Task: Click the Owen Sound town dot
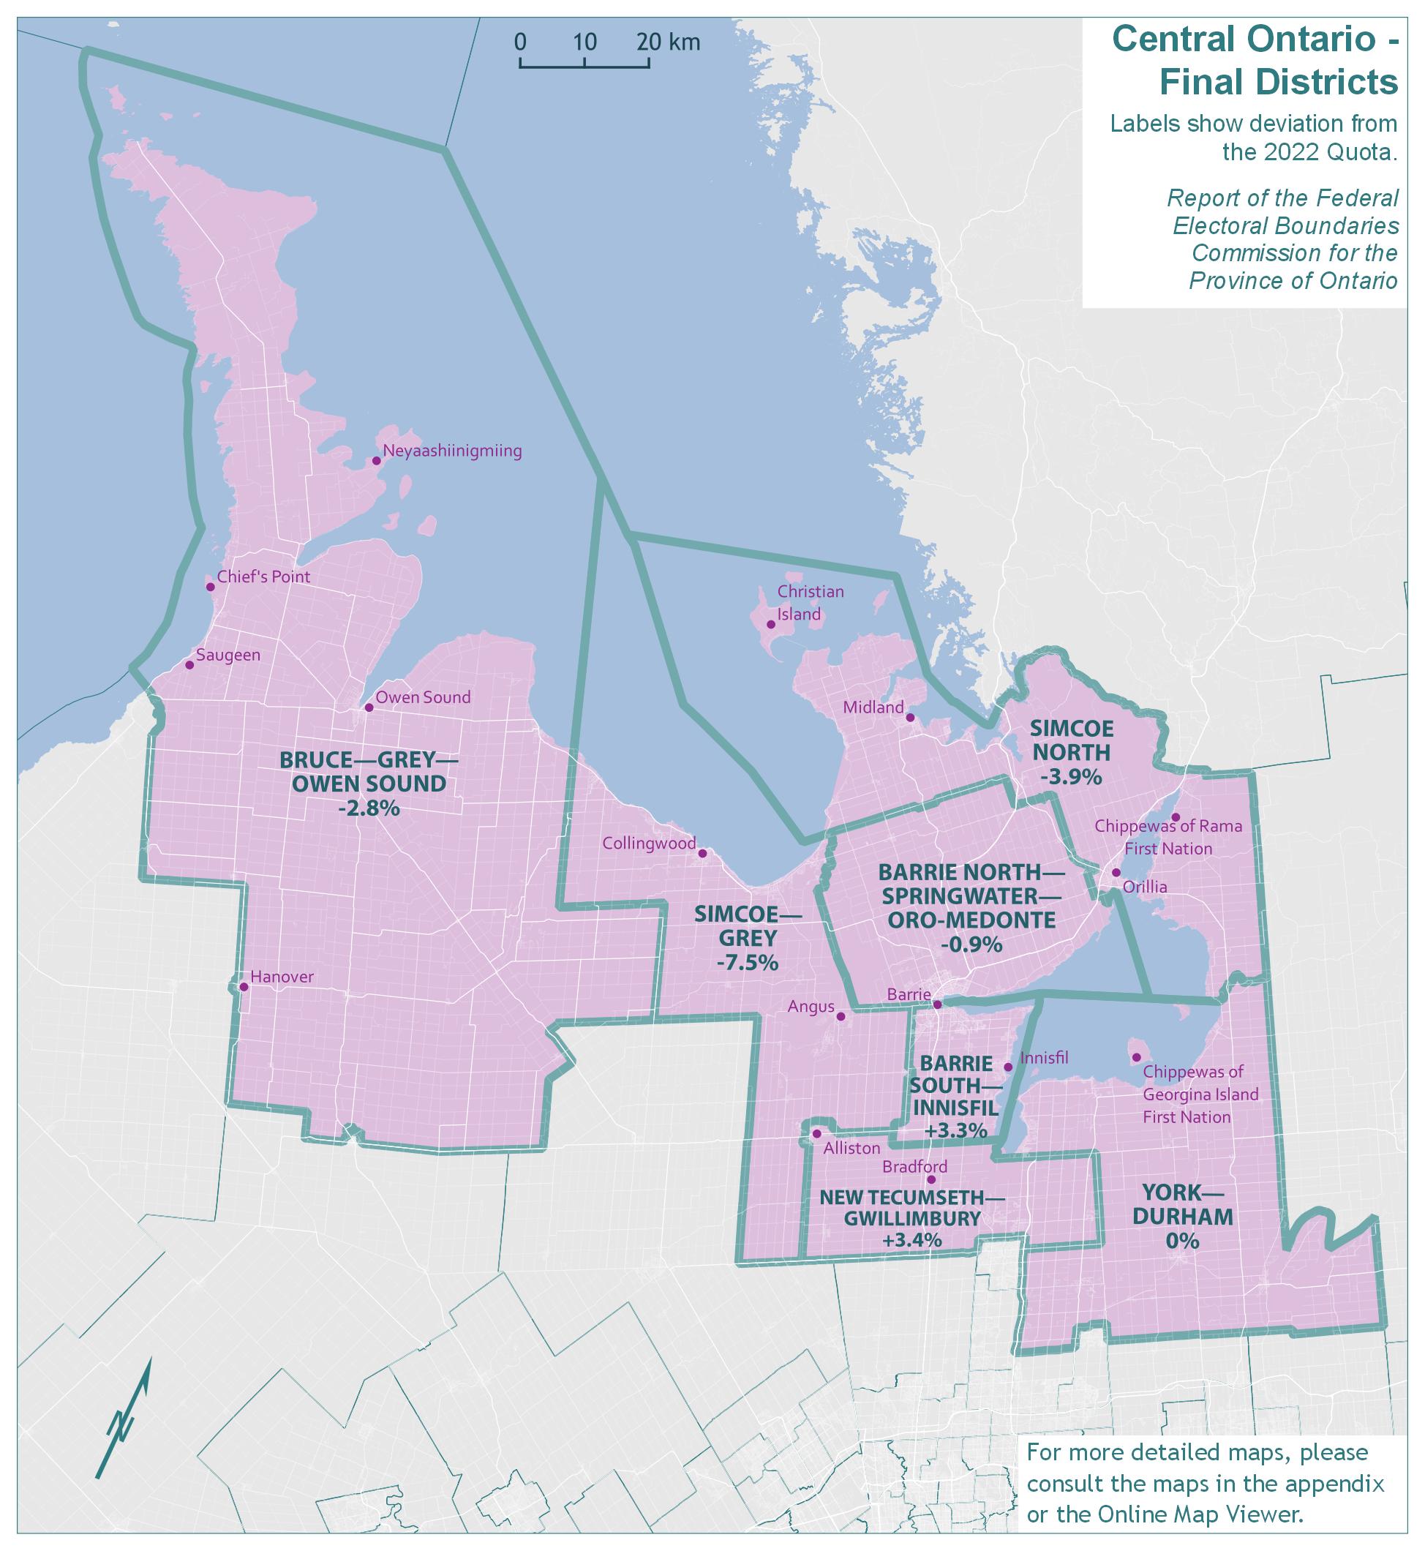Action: tap(369, 707)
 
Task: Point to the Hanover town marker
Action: tap(244, 986)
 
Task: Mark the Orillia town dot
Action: tap(1116, 872)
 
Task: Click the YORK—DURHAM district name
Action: tap(1187, 1204)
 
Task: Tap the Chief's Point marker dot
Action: tap(211, 587)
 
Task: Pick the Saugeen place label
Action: tap(228, 656)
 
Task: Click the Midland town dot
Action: tap(910, 717)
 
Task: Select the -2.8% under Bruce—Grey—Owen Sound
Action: tap(369, 808)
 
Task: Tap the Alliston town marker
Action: tap(816, 1134)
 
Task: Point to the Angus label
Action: tap(811, 1007)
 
